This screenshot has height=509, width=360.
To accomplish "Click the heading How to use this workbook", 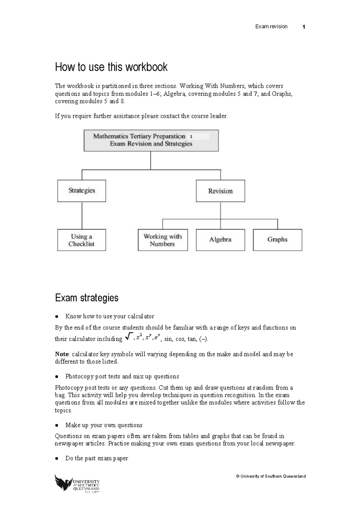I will click(x=111, y=67).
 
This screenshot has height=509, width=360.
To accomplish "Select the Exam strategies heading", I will click(x=87, y=298).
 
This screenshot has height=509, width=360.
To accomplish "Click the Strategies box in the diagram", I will click(x=82, y=191).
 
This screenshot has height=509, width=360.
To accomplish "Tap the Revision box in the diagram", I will click(x=220, y=191).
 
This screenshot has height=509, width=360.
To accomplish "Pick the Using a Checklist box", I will click(x=82, y=240).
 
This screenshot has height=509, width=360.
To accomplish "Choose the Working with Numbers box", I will click(x=163, y=240).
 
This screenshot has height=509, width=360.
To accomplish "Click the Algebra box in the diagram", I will click(x=220, y=240).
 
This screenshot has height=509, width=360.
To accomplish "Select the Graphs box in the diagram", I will click(x=277, y=240).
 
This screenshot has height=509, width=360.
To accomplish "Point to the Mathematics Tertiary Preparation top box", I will click(x=151, y=140).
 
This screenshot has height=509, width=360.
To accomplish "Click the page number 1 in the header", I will click(x=304, y=27).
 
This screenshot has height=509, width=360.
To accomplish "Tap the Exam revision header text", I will click(x=271, y=27).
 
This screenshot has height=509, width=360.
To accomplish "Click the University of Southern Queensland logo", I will click(x=77, y=483).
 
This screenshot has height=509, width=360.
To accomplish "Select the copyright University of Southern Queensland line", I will click(x=271, y=476).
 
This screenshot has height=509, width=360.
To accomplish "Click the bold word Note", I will click(x=62, y=354).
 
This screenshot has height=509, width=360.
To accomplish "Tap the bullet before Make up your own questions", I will click(x=56, y=425).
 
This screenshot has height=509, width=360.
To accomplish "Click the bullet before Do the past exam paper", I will click(x=56, y=458).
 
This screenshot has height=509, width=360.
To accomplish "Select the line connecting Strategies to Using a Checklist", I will click(x=82, y=215).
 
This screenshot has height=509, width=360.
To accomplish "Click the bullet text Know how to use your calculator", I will click(x=110, y=316).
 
